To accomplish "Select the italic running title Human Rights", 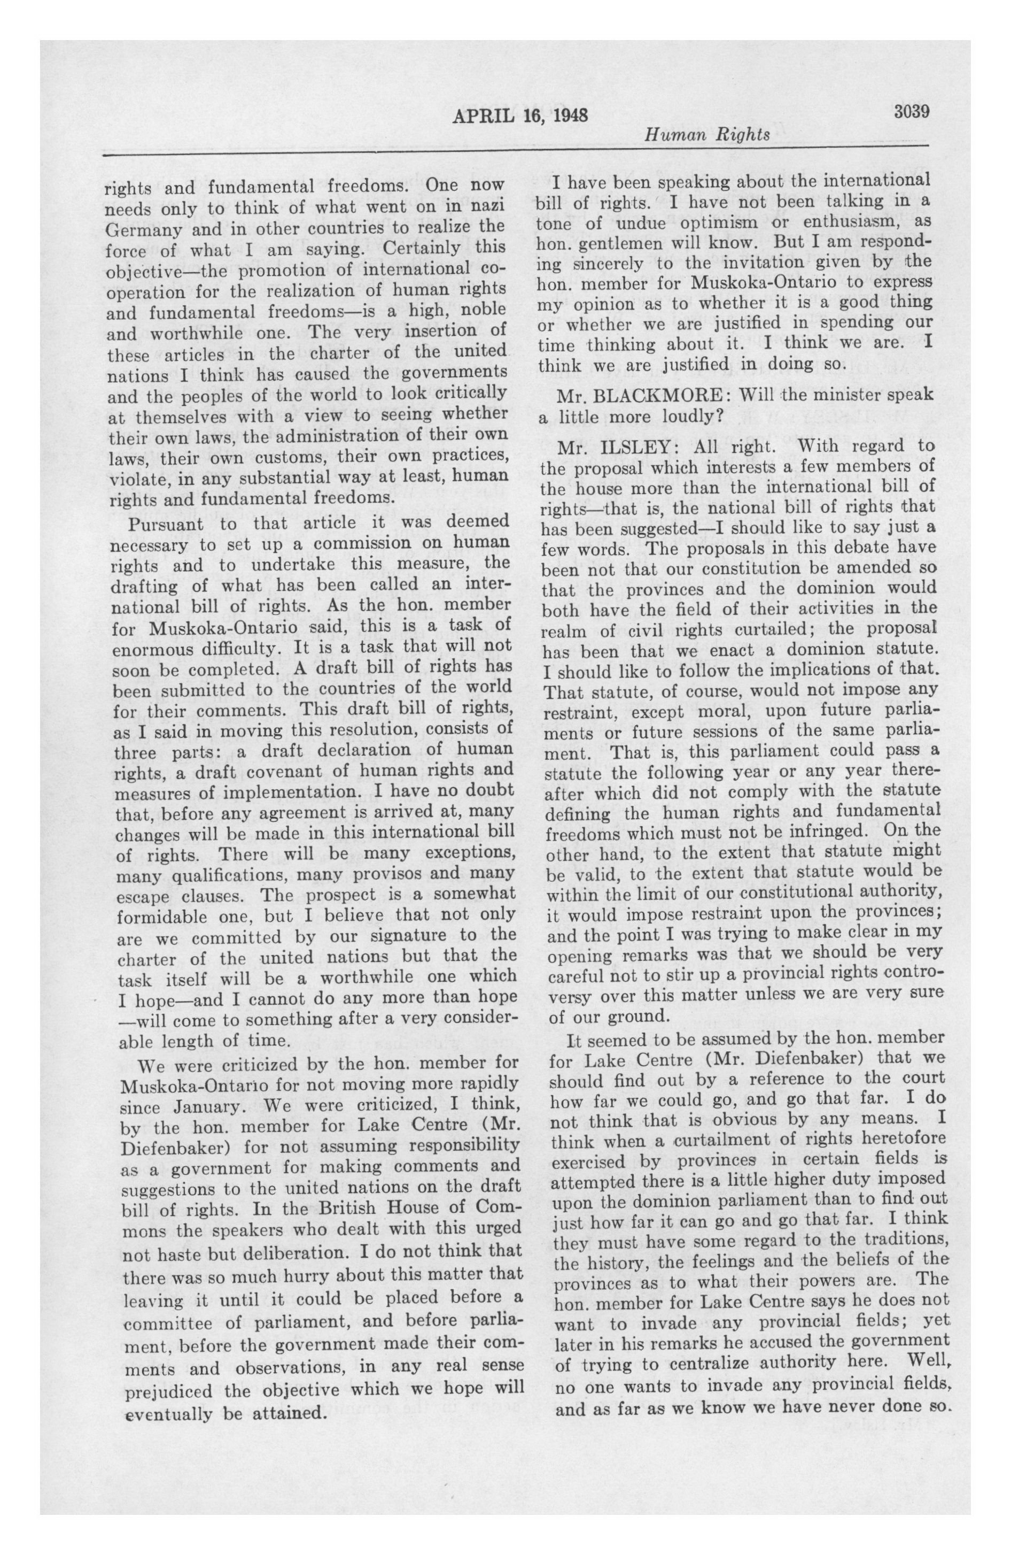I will point(706,135).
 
